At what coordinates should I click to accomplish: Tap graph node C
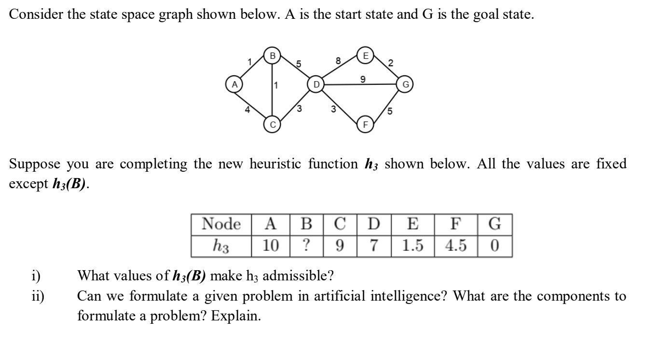coord(272,125)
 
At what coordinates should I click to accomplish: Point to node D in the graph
coord(316,84)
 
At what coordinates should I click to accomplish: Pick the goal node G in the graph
coord(405,85)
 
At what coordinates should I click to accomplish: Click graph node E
coord(365,55)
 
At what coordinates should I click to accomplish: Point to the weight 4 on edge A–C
coord(247,109)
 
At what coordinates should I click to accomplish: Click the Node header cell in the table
coord(221,224)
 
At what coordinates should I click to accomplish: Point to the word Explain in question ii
coord(241,315)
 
